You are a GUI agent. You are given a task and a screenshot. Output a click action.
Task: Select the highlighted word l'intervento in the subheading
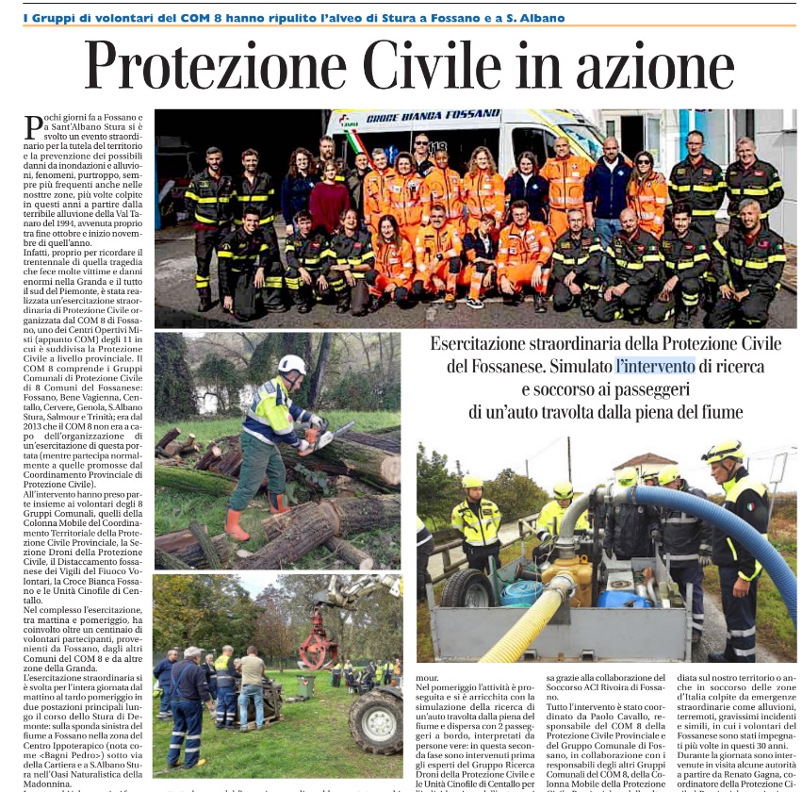[655, 366]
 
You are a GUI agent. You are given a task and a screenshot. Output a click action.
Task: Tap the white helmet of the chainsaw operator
[292, 365]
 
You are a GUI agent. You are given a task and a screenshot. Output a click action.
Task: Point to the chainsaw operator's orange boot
[237, 524]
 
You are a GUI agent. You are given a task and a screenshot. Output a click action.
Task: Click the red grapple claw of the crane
[318, 646]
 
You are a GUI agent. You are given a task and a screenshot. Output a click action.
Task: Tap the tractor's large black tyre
[377, 721]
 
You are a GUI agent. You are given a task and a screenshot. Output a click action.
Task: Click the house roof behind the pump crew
[645, 460]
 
